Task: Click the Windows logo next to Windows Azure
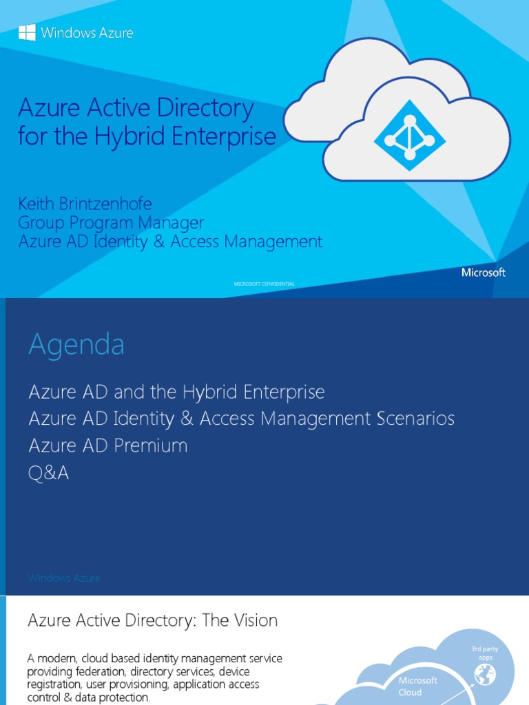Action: pos(27,32)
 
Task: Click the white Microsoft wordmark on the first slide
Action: pos(483,273)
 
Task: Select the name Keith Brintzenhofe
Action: pos(85,204)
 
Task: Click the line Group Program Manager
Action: pos(111,222)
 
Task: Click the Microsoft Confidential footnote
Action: pos(264,284)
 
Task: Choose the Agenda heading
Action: pos(76,344)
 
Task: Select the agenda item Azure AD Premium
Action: pos(108,445)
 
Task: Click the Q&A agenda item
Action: pos(48,473)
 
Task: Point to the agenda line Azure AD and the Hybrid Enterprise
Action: pos(176,392)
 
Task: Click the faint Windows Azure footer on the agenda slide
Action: pos(64,578)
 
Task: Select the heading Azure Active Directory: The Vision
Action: pos(152,620)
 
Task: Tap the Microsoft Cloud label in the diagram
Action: pos(418,686)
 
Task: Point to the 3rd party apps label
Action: pos(486,653)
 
